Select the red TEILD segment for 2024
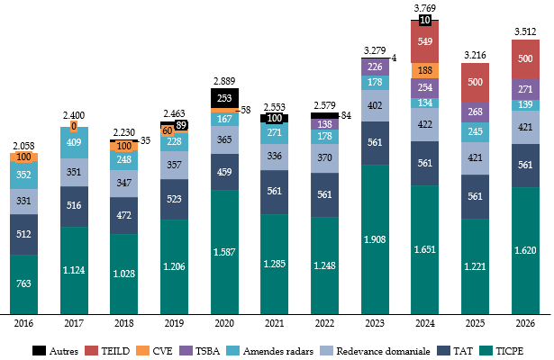(424, 42)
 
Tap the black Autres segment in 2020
(224, 97)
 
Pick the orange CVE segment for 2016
(23, 157)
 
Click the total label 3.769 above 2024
(424, 8)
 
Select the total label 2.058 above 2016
(23, 145)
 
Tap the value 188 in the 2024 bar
(424, 70)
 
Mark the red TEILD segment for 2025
(475, 84)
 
